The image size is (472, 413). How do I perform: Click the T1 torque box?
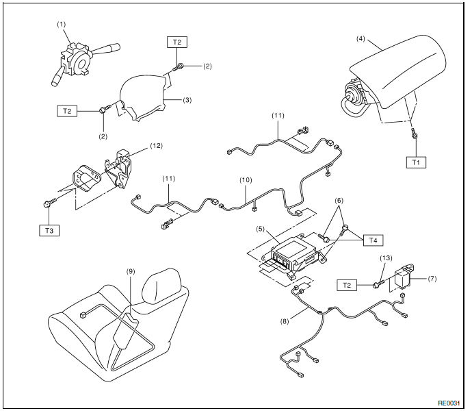(416, 162)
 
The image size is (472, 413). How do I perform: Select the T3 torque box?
(49, 231)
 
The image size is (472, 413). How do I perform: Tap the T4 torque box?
(373, 240)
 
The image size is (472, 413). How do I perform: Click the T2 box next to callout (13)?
(347, 285)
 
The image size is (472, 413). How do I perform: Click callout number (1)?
(62, 24)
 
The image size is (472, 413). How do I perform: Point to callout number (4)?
(360, 39)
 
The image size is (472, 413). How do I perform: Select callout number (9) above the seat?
(131, 271)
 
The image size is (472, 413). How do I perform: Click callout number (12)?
(156, 146)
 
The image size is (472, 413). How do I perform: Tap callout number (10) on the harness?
(246, 180)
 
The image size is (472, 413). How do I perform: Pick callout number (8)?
(285, 321)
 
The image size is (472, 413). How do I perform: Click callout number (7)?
(432, 279)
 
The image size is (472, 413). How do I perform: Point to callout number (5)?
(261, 229)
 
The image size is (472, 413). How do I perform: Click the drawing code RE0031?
(449, 403)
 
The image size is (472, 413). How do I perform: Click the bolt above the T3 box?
(50, 203)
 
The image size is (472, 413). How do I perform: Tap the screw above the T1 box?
(414, 133)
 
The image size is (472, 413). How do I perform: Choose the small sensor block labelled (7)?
(404, 277)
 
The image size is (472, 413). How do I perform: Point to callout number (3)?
(187, 100)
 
